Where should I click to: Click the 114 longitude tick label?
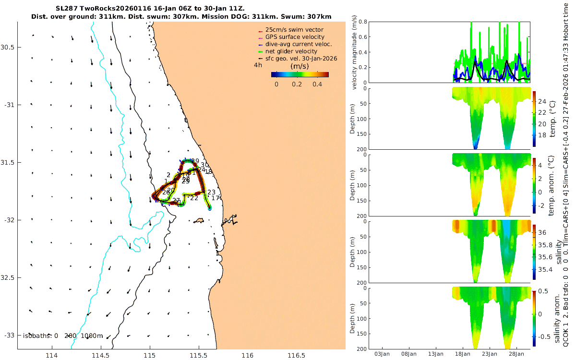[51, 355]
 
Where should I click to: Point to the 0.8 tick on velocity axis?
[362, 22]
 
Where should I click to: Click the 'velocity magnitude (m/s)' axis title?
[355, 52]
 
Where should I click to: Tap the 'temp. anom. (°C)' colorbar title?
[552, 185]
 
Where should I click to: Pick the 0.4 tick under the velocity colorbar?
[317, 84]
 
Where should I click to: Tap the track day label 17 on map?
[216, 198]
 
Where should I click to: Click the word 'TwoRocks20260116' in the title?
[112, 8]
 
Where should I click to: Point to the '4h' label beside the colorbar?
[258, 65]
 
